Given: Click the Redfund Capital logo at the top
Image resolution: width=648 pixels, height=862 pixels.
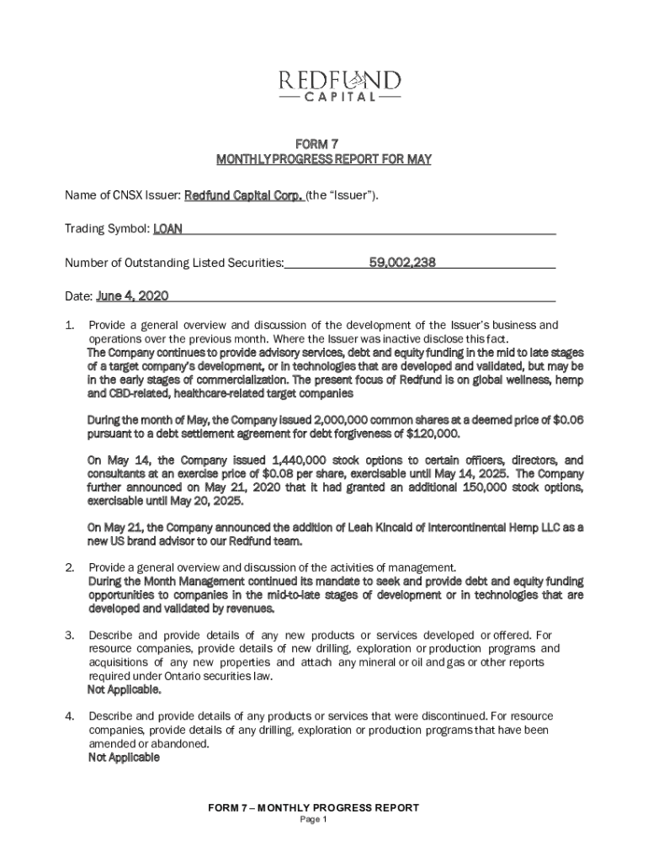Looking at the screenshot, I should pos(340,85).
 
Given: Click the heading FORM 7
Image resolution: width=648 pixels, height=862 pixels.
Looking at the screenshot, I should pos(324,144).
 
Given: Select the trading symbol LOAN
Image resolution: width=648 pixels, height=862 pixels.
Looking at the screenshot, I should pos(167,229).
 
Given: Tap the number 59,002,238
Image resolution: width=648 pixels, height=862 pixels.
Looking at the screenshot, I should pos(402,263).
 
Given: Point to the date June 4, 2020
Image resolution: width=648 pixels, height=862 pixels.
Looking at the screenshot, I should pos(133,296).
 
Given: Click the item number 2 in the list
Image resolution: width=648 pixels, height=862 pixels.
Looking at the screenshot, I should pos(70,568).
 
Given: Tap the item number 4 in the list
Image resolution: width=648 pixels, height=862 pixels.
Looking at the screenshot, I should pos(70,716).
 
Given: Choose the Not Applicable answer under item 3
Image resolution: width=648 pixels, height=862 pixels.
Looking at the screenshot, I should pos(125,690).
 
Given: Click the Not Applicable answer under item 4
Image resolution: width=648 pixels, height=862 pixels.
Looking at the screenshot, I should pos(124,758).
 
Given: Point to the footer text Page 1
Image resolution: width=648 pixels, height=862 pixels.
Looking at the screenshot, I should pos(313,820).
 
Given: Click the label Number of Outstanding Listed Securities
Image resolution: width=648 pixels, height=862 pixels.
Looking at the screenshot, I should pos(174,263).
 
